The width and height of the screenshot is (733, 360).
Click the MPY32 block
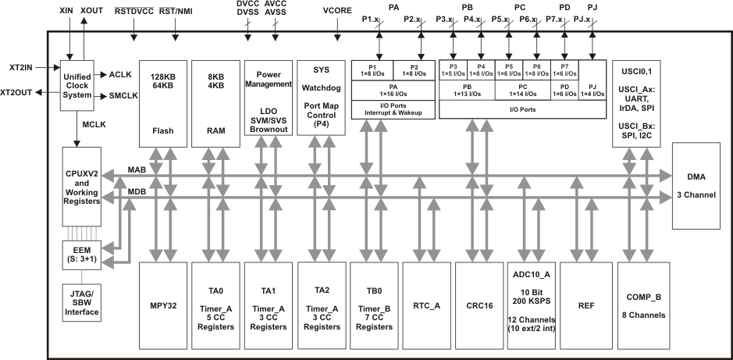pyautogui.click(x=163, y=305)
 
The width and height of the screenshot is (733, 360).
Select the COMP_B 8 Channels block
pyautogui.click(x=644, y=305)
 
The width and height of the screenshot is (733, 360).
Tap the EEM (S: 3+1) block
pyautogui.click(x=77, y=255)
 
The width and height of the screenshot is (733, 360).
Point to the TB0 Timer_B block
pyautogui.click(x=374, y=305)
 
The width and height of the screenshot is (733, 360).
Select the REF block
pyautogui.click(x=586, y=305)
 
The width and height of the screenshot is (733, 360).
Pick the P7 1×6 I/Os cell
pyautogui.click(x=564, y=70)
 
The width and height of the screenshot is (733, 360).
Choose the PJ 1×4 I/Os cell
pyautogui.click(x=592, y=91)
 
